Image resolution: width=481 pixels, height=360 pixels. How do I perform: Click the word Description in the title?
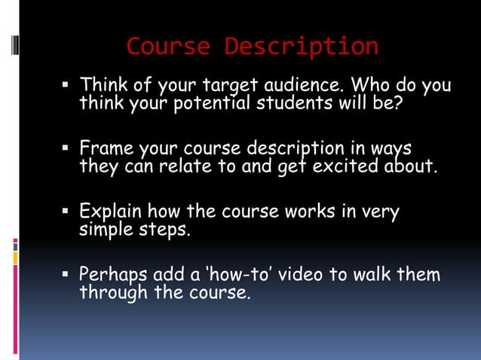tap(301, 47)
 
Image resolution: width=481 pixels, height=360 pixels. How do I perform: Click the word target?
tap(228, 84)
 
